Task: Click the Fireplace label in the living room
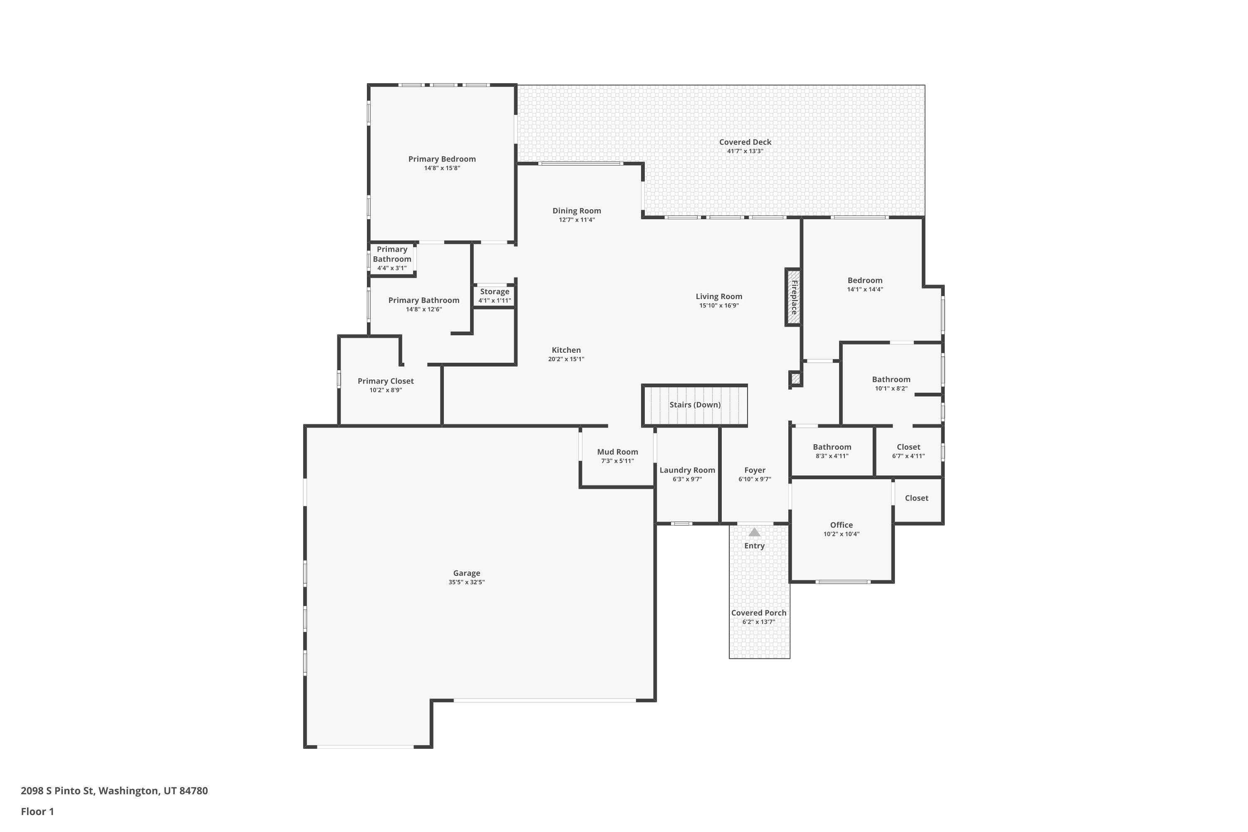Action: click(794, 297)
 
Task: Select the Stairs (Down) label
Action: click(695, 405)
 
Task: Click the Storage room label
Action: click(495, 292)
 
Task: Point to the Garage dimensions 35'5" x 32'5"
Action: click(466, 582)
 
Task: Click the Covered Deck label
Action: click(745, 142)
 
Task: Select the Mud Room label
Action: click(617, 452)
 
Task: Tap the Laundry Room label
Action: click(687, 470)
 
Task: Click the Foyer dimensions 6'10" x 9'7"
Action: click(755, 479)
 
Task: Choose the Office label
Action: click(841, 525)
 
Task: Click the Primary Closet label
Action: click(385, 381)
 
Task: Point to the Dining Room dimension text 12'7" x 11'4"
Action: click(576, 220)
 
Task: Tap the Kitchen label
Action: click(566, 350)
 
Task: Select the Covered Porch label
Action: click(759, 613)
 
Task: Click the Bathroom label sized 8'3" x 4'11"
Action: click(832, 447)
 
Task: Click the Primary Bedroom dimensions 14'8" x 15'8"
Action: click(441, 168)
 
